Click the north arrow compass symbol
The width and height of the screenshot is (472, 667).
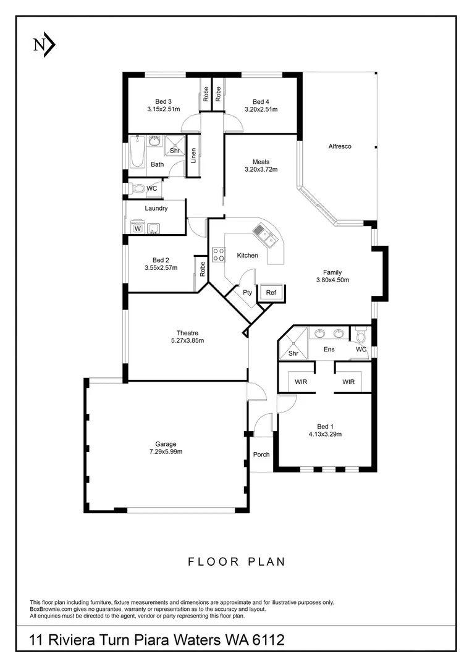(x=44, y=44)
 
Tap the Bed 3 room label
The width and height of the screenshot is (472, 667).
(x=163, y=102)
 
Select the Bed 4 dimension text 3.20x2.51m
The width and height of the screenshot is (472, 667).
(x=261, y=110)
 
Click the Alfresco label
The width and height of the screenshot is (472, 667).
(x=339, y=146)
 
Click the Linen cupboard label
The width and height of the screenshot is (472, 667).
(x=193, y=157)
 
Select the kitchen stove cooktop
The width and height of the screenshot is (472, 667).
(x=219, y=254)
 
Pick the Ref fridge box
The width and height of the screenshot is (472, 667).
(x=271, y=293)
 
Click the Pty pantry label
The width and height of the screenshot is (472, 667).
(x=247, y=293)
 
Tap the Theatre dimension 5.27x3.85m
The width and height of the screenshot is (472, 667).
(x=187, y=340)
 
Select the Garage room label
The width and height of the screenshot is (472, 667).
(x=166, y=444)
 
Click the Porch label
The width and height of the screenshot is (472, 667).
(x=261, y=455)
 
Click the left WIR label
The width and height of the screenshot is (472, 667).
(x=301, y=382)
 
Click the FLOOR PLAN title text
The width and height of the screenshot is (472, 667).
(x=237, y=561)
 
